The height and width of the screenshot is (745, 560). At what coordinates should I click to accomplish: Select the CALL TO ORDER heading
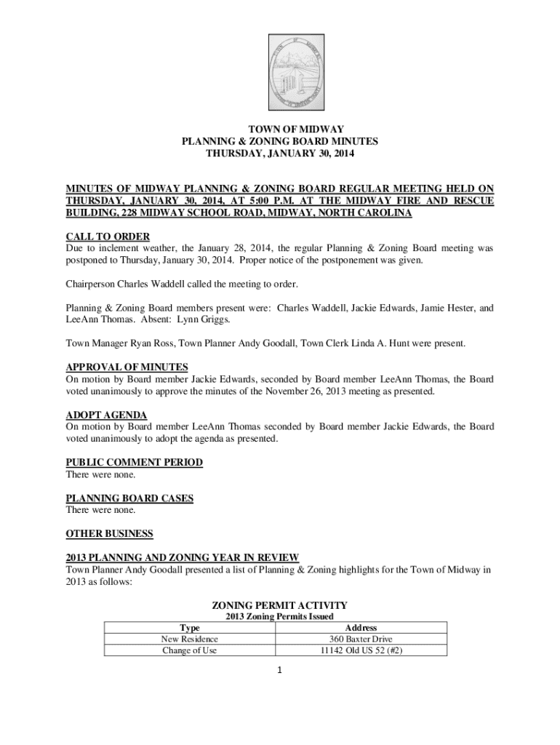click(108, 236)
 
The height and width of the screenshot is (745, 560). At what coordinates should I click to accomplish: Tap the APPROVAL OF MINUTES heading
click(127, 367)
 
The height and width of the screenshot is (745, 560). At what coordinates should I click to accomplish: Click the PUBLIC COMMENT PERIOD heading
click(134, 462)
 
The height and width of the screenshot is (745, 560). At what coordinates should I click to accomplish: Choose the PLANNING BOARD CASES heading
click(129, 498)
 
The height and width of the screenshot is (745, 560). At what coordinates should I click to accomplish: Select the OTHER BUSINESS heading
click(109, 533)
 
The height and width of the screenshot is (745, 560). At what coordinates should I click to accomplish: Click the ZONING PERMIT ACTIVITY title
click(279, 605)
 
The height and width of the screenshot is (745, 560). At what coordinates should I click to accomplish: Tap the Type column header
click(189, 627)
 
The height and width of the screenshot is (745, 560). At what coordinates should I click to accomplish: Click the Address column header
click(361, 627)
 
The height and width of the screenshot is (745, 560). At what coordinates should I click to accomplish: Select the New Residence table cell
click(189, 639)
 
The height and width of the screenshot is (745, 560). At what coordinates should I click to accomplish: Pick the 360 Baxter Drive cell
click(361, 639)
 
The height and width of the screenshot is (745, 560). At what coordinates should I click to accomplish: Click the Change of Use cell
click(189, 650)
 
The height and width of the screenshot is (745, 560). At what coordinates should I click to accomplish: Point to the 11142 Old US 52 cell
click(361, 650)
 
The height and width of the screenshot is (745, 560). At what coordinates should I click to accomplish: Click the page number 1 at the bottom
click(279, 670)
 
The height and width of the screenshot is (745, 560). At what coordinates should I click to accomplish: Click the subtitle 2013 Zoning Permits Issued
click(279, 616)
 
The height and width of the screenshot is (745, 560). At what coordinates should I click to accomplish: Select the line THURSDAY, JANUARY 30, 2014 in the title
click(280, 154)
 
